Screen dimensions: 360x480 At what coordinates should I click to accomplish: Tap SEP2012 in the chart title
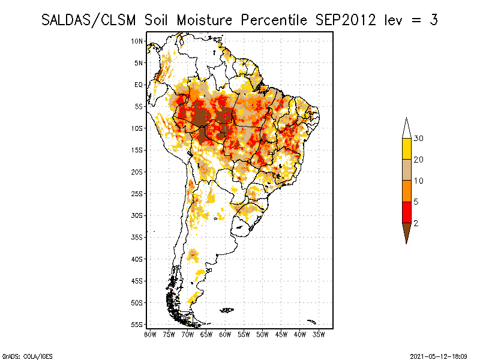point(344,20)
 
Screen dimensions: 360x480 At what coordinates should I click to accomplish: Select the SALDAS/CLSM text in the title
point(89,20)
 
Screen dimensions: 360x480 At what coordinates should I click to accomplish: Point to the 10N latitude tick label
point(137,41)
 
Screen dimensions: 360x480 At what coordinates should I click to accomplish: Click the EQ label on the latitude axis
point(139,85)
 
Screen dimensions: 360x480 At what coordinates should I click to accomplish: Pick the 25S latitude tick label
point(137,193)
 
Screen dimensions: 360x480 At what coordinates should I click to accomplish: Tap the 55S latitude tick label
point(137,324)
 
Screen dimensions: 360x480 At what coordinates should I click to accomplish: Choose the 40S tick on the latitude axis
point(137,259)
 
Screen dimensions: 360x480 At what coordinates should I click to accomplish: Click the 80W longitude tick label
point(150,334)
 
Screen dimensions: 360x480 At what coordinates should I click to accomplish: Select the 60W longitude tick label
point(225,334)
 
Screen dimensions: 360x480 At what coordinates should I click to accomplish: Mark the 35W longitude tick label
point(319,334)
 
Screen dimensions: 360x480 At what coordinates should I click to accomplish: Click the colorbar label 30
point(419,139)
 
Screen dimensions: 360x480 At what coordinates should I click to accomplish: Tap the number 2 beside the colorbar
point(416,223)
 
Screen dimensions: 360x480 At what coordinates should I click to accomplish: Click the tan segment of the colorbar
point(406,170)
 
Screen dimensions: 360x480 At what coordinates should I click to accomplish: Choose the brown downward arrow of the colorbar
point(406,231)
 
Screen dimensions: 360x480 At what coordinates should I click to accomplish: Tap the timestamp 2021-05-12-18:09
point(439,356)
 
